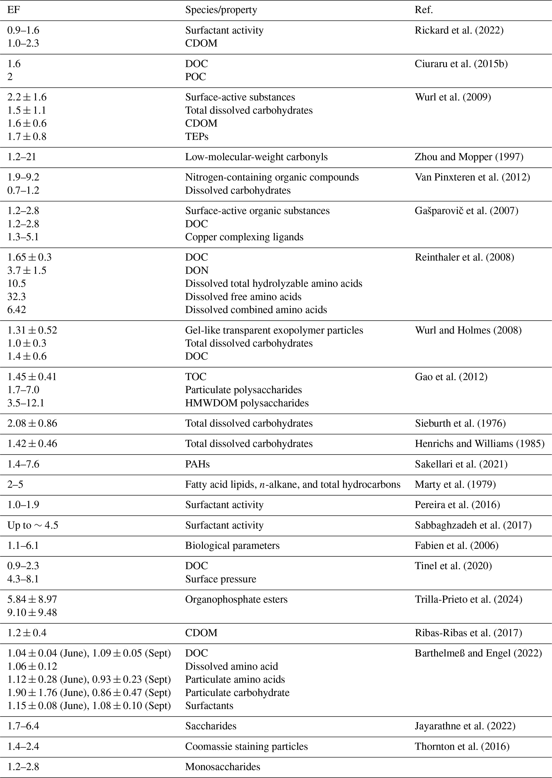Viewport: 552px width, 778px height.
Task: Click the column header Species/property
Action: tap(221, 10)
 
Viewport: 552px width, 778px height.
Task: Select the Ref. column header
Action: tap(424, 10)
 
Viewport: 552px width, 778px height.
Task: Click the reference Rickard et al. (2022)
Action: tap(459, 30)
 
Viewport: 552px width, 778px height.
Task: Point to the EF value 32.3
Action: tap(17, 297)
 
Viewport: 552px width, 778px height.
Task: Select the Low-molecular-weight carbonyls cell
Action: tap(256, 157)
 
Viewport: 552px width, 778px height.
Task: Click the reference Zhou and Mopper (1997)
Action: tap(469, 157)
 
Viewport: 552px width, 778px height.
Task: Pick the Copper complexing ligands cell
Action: tap(244, 237)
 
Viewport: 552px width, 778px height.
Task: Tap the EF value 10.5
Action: tap(17, 283)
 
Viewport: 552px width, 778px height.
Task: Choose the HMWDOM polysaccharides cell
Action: tap(247, 403)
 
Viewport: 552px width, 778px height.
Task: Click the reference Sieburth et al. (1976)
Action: tap(460, 424)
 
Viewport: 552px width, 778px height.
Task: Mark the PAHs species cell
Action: tap(197, 464)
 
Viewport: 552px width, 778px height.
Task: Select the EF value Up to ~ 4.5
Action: tap(33, 525)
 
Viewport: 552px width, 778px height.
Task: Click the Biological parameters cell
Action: tap(232, 546)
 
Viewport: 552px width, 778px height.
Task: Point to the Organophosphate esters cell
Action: tap(236, 600)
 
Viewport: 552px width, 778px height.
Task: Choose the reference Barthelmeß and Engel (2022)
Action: tap(478, 653)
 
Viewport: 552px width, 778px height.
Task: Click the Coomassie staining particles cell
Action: tap(246, 747)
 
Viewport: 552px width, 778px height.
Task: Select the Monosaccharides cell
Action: tap(223, 767)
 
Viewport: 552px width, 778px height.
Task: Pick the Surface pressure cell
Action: tap(221, 579)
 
